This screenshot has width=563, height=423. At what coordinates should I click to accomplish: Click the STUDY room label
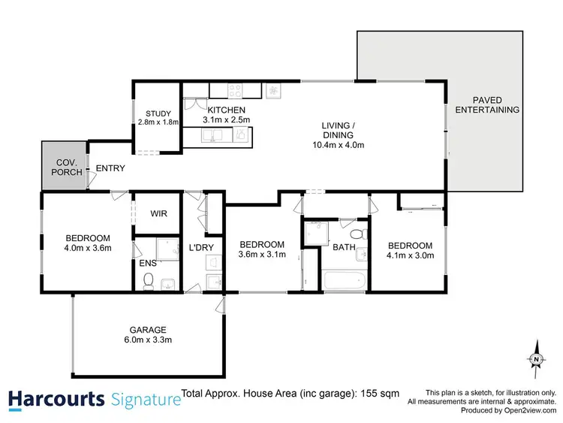pos(158,113)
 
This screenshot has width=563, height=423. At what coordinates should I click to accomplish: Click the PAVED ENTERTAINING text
pos(487,104)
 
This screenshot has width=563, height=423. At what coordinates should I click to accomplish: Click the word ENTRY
pos(110,168)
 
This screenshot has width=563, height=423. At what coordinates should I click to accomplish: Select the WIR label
pos(158,214)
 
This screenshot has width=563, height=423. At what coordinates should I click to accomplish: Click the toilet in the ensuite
pos(149,281)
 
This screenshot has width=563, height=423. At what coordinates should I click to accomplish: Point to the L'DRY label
pos(200,247)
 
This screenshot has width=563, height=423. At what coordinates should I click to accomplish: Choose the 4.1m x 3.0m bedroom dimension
pos(410,257)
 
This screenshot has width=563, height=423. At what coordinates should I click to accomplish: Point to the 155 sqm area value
pos(383,393)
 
